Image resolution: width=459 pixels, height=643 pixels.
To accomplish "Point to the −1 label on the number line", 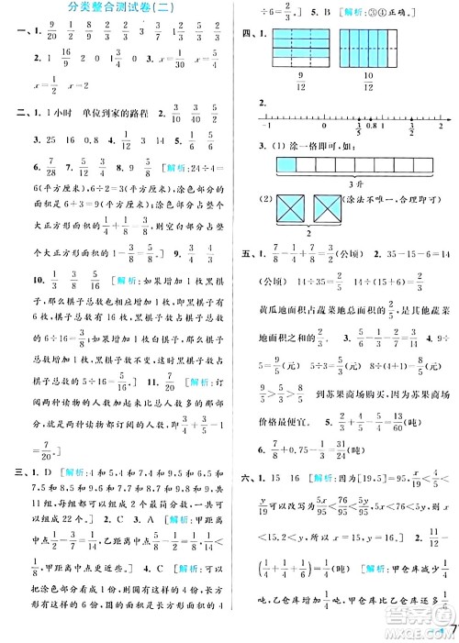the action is click(267, 128).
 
